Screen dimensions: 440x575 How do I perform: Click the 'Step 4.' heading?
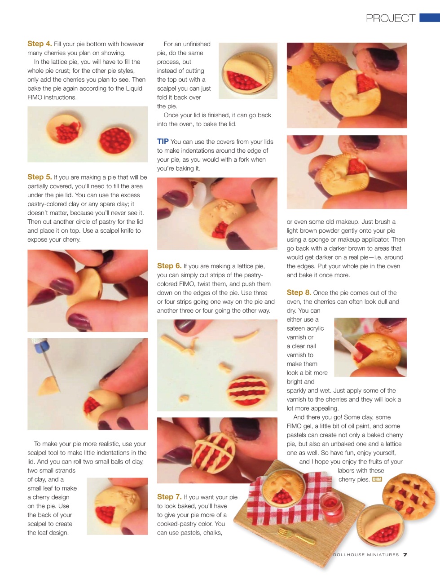tap(40, 44)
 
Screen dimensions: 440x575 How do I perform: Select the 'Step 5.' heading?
tap(40, 177)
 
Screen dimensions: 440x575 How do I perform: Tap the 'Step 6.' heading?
tap(169, 265)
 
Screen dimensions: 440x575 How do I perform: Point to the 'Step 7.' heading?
tap(169, 497)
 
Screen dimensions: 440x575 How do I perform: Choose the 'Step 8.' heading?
tap(299, 292)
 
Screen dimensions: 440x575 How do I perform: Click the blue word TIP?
tap(163, 142)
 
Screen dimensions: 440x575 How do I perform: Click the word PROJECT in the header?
tap(391, 18)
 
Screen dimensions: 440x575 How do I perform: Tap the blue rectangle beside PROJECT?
tap(430, 18)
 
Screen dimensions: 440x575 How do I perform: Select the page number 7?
tap(405, 555)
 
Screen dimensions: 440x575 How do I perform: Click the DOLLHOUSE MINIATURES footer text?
tap(366, 555)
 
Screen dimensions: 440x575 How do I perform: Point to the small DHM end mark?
tap(377, 479)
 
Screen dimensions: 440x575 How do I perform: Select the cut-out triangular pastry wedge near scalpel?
tap(48, 386)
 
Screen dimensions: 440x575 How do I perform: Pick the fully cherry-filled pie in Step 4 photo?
tap(115, 140)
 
